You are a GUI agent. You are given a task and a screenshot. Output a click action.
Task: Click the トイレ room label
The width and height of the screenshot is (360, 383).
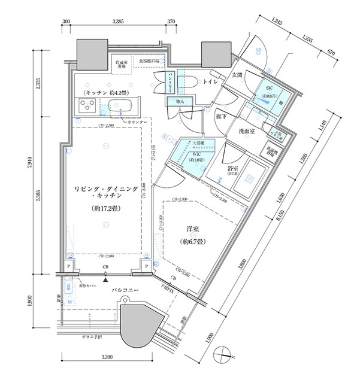click(210, 81)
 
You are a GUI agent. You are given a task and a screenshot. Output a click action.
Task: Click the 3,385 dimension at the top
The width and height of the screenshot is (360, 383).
click(118, 21)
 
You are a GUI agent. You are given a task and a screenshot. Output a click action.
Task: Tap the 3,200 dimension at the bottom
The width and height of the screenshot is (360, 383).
click(106, 358)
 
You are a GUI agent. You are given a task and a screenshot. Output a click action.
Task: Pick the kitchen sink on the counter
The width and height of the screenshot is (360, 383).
click(123, 109)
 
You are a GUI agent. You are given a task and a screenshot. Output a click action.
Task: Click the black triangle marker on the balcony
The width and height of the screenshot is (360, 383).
click(106, 278)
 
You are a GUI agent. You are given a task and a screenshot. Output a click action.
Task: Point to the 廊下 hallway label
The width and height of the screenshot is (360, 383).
click(219, 117)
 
